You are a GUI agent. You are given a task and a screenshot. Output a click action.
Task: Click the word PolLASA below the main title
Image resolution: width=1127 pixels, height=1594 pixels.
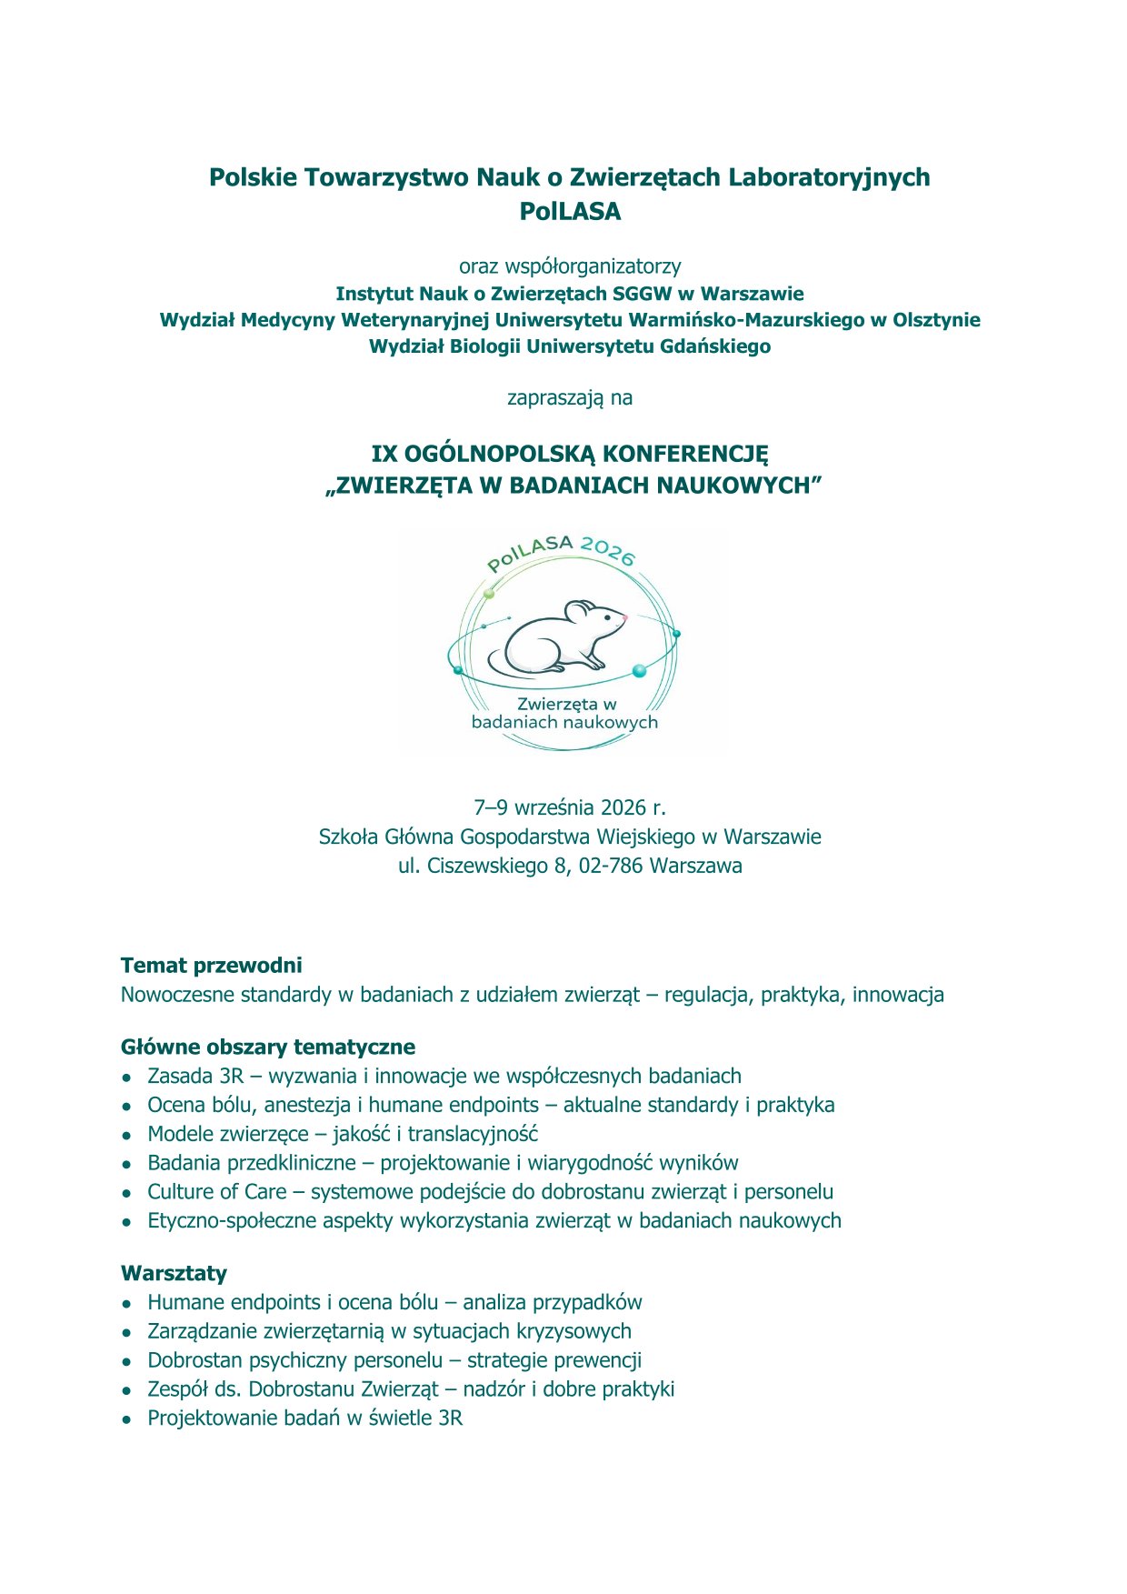(570, 212)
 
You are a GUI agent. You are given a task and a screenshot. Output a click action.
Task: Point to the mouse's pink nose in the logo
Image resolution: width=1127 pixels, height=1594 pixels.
(624, 617)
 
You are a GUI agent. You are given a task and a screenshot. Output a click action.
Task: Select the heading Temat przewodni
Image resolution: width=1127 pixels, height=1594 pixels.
(211, 966)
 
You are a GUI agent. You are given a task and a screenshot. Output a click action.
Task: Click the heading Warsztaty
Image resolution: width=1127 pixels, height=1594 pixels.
(174, 1273)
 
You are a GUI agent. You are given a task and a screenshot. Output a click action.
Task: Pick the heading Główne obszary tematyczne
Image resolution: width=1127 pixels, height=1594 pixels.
(268, 1048)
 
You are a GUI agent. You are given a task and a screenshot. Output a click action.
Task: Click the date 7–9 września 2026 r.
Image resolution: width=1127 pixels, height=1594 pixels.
(570, 807)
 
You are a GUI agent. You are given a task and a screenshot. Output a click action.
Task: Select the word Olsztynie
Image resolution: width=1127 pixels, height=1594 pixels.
(936, 320)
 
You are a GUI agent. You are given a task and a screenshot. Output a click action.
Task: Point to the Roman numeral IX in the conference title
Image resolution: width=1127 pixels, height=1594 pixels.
(384, 454)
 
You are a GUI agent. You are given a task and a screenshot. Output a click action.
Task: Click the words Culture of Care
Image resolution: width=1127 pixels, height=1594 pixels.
(217, 1192)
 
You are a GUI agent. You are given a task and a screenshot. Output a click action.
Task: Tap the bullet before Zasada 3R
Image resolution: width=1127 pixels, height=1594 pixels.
(128, 1078)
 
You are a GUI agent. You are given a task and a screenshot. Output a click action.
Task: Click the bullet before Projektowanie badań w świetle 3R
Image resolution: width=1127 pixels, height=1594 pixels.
(128, 1419)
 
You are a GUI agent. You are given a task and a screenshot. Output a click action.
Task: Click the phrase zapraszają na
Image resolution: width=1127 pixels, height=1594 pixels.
(570, 398)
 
